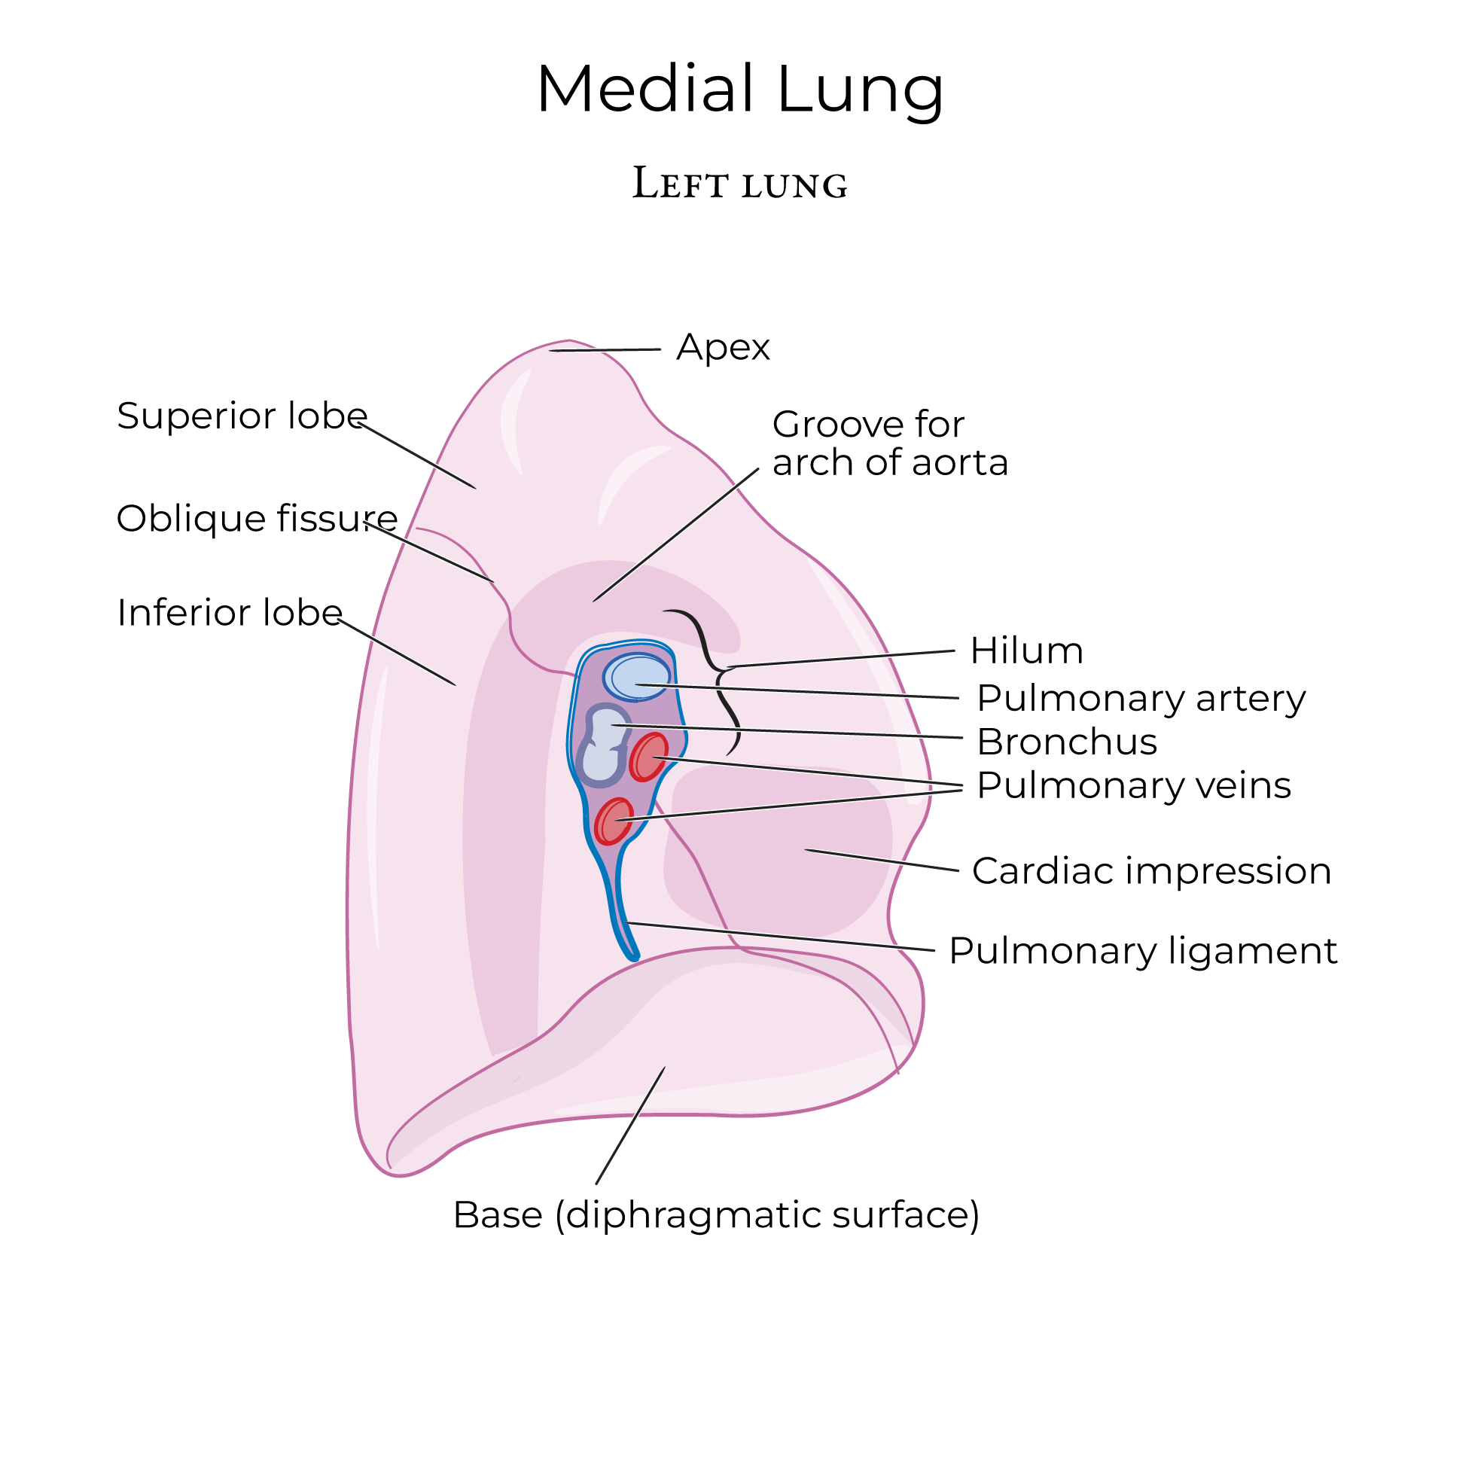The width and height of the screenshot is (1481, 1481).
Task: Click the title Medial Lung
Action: [739, 90]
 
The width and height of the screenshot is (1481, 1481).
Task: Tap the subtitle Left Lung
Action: [739, 184]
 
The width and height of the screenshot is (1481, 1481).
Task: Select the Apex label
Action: [723, 347]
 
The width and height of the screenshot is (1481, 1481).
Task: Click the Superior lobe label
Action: [242, 416]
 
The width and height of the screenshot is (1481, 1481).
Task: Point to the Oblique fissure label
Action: [257, 518]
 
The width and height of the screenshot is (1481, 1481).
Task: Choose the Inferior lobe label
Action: [229, 612]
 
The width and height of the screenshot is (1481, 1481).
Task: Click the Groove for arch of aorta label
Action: [889, 443]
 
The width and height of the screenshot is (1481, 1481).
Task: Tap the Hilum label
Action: [1026, 651]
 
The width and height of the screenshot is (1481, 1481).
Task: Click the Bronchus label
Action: [1066, 742]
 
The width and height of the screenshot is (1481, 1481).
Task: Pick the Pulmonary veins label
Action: [1134, 786]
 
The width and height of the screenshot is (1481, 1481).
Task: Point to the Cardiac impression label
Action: [1151, 872]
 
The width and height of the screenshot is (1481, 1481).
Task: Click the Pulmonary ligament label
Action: [1143, 951]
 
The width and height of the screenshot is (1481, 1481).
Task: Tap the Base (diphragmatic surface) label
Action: [716, 1215]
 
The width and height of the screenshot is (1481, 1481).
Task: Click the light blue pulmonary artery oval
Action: [637, 677]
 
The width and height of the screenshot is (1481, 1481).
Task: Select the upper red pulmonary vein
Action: [648, 757]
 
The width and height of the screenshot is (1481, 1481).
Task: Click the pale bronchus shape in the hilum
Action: [602, 748]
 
